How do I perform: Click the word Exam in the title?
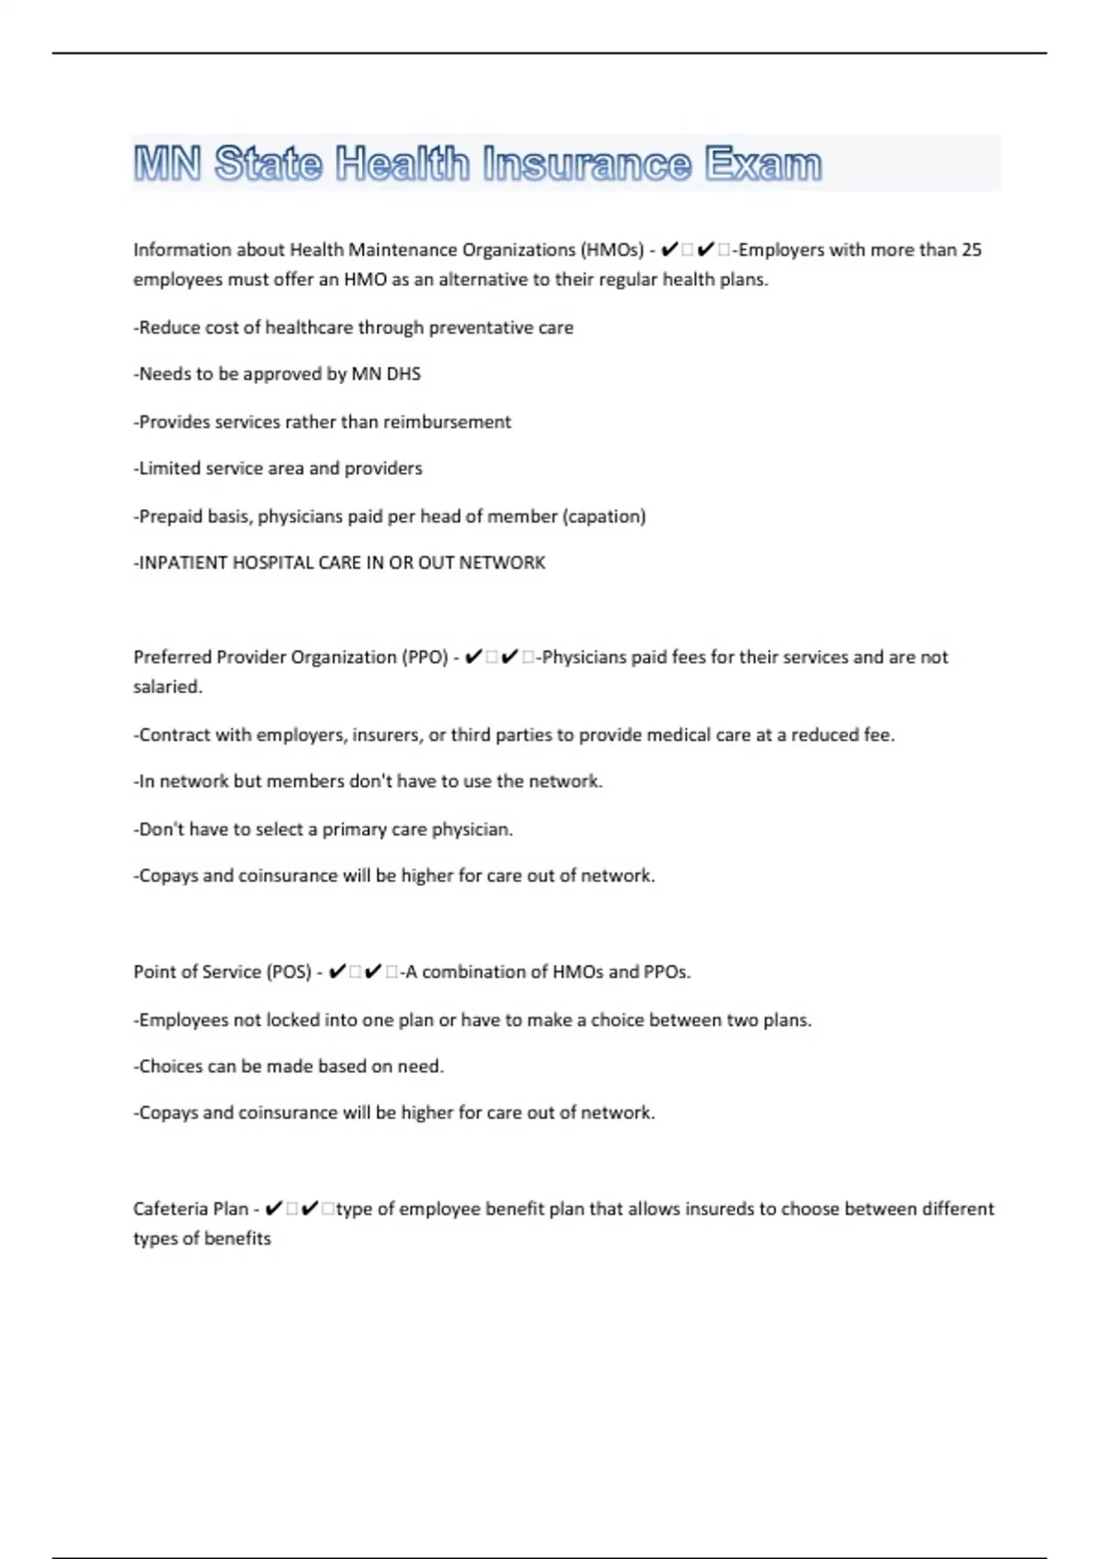(x=763, y=164)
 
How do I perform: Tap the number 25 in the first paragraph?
(x=971, y=249)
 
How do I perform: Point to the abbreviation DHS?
(x=403, y=374)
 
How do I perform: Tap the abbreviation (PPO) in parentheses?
(x=425, y=657)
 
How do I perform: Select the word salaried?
(x=168, y=687)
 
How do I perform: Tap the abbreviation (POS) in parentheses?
(x=289, y=972)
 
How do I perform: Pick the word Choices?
(x=170, y=1067)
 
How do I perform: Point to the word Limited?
(x=170, y=469)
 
